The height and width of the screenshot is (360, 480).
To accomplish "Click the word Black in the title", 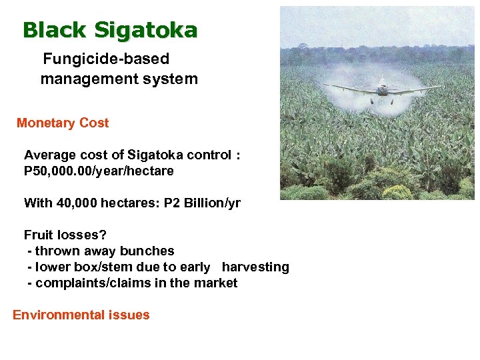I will [55, 30].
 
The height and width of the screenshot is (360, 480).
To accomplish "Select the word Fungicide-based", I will [106, 59].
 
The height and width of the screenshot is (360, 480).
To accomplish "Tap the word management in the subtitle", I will [81, 79].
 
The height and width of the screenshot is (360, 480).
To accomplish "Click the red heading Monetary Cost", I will [62, 123].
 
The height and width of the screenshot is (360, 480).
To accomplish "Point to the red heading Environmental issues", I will [81, 315].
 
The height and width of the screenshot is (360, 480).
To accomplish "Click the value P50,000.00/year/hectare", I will [99, 171].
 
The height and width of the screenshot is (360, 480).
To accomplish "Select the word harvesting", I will [255, 267].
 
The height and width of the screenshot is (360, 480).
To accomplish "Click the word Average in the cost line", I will [50, 155].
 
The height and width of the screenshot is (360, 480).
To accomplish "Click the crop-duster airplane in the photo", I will [382, 87].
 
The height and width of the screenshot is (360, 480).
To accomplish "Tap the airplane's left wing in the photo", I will [349, 89].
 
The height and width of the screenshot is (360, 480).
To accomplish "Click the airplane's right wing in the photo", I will [417, 88].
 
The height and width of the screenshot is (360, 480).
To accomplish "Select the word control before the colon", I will [205, 155].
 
